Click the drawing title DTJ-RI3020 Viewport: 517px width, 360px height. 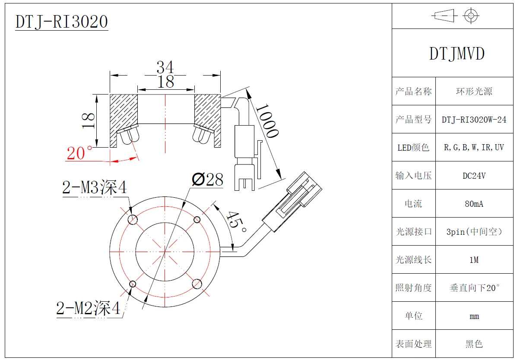[61, 22]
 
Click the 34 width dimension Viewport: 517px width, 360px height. [165, 67]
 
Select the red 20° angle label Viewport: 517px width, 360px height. [79, 153]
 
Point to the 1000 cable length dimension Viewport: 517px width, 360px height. [266, 120]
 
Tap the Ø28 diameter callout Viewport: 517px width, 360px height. [207, 179]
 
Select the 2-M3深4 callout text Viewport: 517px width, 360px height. [95, 188]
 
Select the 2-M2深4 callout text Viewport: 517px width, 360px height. [88, 308]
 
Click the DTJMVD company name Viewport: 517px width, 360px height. [457, 54]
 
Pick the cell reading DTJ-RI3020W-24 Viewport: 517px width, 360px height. [474, 120]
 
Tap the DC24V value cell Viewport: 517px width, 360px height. [474, 176]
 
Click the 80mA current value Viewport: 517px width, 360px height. [474, 204]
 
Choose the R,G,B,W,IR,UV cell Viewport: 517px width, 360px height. [474, 148]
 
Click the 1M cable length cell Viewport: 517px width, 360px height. [474, 260]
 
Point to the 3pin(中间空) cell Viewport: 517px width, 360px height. [474, 232]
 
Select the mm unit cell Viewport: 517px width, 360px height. [474, 316]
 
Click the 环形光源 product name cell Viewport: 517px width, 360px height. [474, 92]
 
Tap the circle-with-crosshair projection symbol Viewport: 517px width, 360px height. [471, 16]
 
